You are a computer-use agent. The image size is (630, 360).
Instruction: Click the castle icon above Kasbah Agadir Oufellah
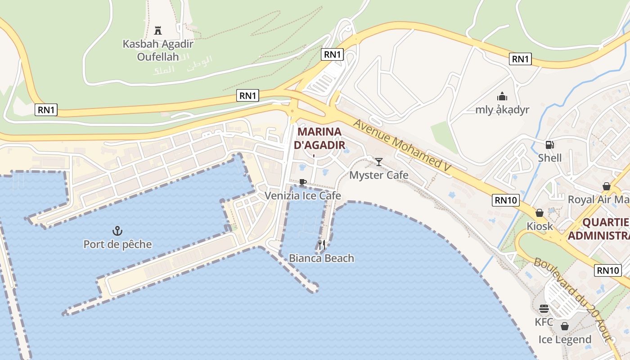[157, 31]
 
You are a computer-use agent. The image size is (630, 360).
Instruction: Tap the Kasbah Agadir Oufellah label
[158, 50]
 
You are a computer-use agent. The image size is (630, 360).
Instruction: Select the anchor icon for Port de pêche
[117, 231]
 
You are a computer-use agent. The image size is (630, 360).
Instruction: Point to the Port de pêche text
[117, 244]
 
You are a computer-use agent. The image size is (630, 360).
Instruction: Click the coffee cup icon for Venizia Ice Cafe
[302, 182]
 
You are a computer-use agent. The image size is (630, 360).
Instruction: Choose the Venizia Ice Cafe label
[302, 195]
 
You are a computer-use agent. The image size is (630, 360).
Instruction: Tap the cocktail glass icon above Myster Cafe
[379, 162]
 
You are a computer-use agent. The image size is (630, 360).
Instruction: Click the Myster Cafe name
[379, 175]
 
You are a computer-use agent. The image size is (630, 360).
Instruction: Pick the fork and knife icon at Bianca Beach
[322, 245]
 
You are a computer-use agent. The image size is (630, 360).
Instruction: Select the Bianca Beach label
[321, 258]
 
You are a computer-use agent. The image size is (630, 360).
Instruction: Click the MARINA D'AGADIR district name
[319, 138]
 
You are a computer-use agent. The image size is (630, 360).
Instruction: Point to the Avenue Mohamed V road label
[402, 144]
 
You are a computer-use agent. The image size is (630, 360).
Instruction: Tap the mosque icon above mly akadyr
[502, 96]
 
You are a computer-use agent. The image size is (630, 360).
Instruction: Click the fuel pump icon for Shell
[549, 144]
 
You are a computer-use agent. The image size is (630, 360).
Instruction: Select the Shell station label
[549, 157]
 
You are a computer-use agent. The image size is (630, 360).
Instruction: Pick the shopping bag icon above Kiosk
[539, 213]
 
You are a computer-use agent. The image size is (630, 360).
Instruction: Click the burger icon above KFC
[544, 309]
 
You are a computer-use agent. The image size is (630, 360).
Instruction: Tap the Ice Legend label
[565, 339]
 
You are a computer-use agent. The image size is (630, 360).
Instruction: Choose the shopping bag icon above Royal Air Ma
[606, 186]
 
